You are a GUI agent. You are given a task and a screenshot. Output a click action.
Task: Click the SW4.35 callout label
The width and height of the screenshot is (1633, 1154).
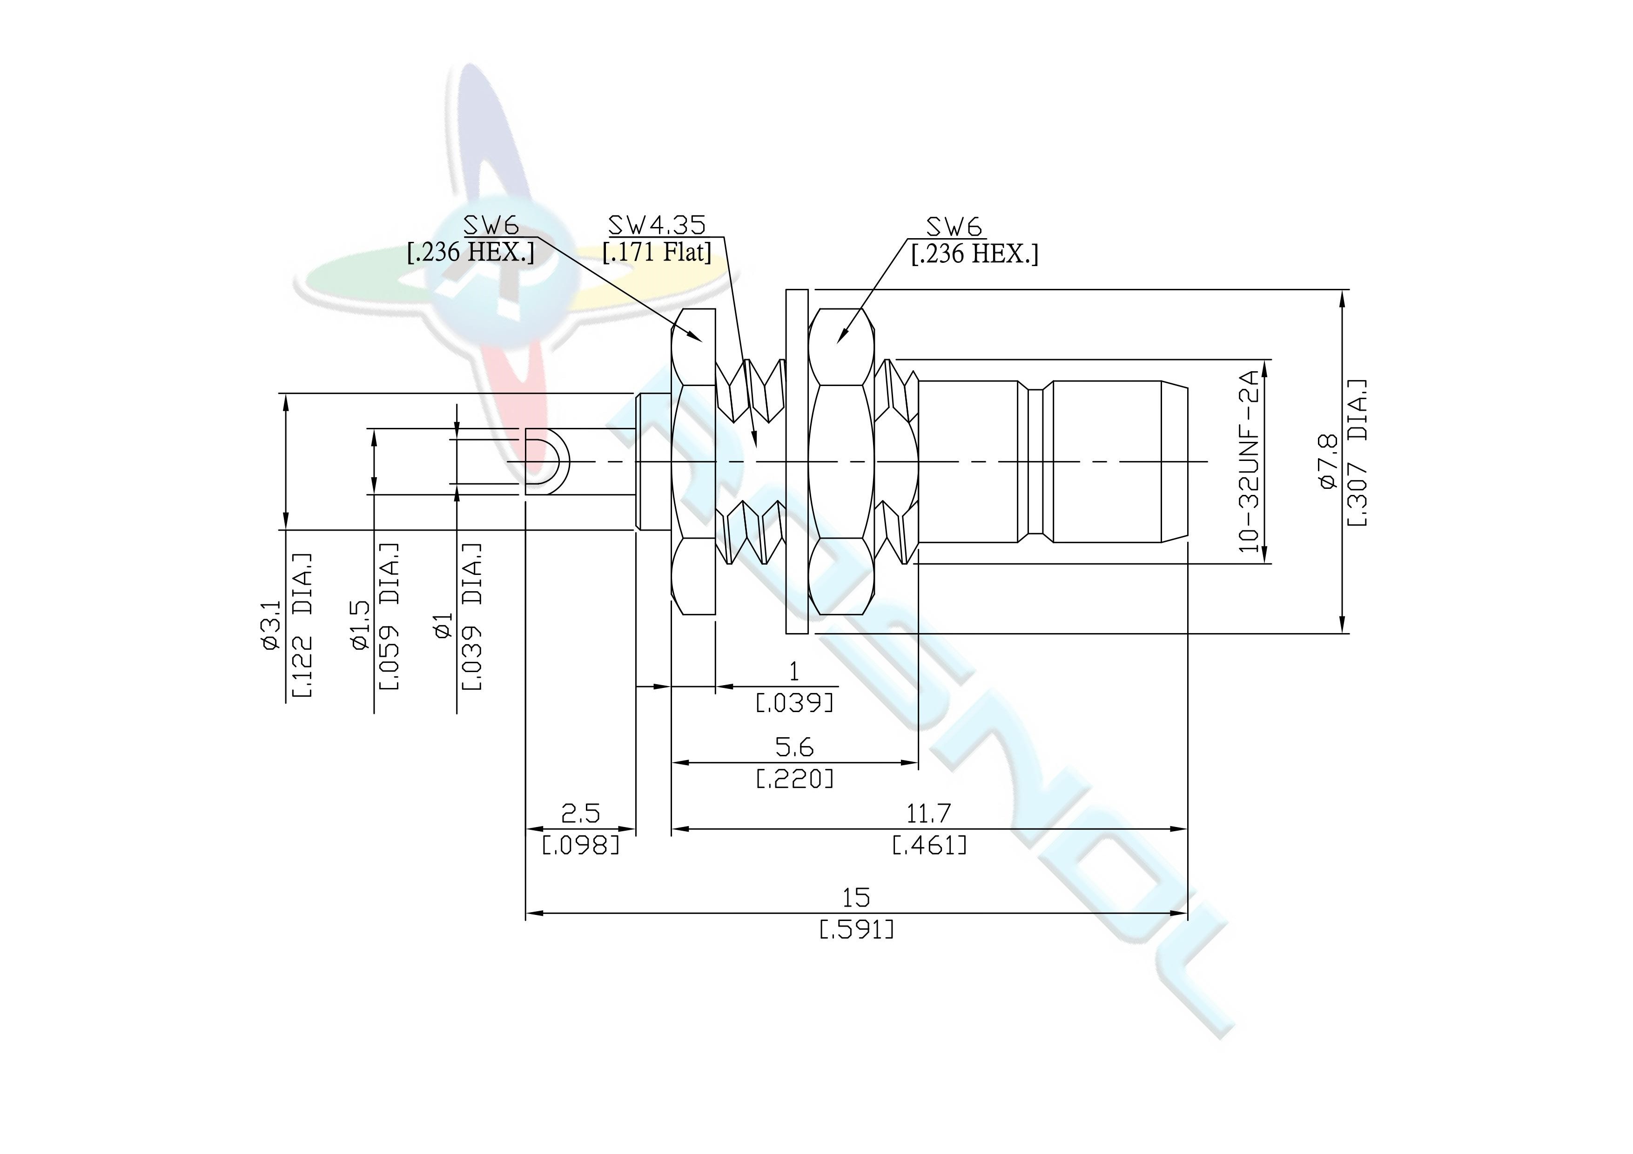coord(657,226)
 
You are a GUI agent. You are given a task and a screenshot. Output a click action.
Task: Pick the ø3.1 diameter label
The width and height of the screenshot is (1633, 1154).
coord(271,626)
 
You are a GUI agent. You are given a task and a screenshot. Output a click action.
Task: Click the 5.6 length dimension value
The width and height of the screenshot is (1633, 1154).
coord(794,747)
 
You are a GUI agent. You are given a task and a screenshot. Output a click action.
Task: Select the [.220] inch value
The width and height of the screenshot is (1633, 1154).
coord(794,779)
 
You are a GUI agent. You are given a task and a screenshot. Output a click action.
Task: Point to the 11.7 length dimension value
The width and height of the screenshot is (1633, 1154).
coord(928,813)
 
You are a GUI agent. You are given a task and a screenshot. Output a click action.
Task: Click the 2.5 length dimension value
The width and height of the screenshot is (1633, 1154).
coord(580,813)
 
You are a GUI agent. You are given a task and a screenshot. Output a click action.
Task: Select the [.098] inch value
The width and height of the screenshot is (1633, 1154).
coord(580,846)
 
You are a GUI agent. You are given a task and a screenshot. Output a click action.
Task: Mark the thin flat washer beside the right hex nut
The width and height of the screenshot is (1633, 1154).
coord(797,461)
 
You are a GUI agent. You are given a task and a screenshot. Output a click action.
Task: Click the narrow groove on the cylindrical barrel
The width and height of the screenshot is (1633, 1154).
coord(1036,461)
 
